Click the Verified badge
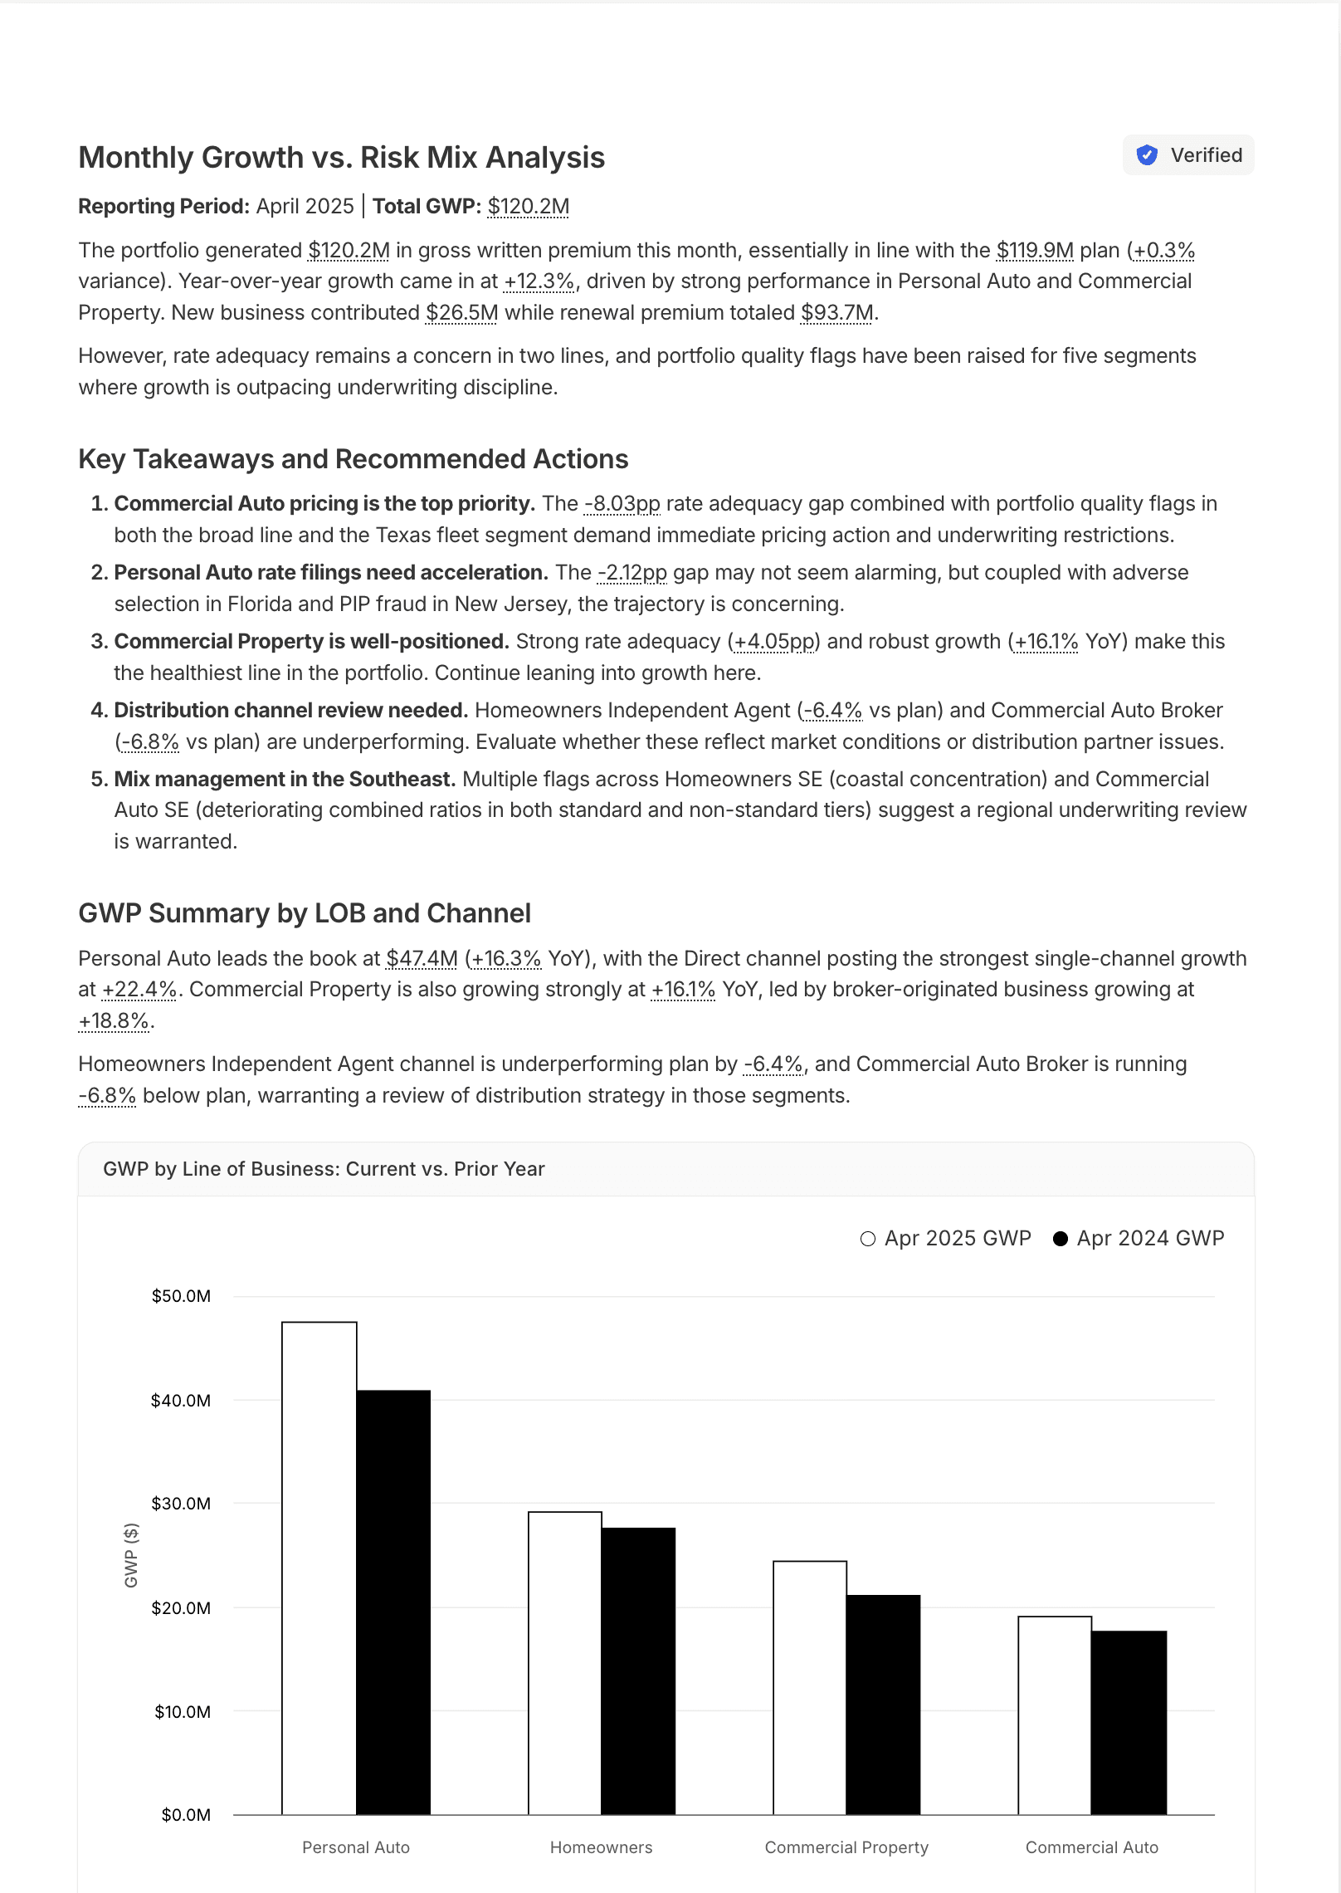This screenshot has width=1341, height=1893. [x=1188, y=155]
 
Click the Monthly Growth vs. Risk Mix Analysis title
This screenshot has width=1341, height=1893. [x=341, y=158]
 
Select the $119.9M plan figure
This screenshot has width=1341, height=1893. [x=1034, y=251]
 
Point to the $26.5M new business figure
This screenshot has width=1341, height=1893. [x=461, y=313]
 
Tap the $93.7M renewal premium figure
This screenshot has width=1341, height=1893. [x=836, y=313]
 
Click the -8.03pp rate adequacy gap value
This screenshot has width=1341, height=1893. [x=622, y=504]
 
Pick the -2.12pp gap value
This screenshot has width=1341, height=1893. [x=631, y=573]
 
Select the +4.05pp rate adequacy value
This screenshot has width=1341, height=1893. [x=773, y=642]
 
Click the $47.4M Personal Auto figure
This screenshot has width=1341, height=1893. [x=422, y=959]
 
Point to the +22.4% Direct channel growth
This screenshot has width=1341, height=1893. [x=139, y=990]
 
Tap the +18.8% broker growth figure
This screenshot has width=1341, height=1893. [x=114, y=1021]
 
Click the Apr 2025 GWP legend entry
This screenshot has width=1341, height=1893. [x=946, y=1239]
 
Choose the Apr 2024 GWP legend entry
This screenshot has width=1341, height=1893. [x=1139, y=1239]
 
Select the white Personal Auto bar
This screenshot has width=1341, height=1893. [x=319, y=1569]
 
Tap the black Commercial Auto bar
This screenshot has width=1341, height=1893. [x=1129, y=1723]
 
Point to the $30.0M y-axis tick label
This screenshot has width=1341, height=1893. [x=181, y=1504]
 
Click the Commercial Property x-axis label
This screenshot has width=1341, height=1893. [x=846, y=1847]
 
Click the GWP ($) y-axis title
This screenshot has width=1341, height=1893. [x=131, y=1555]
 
